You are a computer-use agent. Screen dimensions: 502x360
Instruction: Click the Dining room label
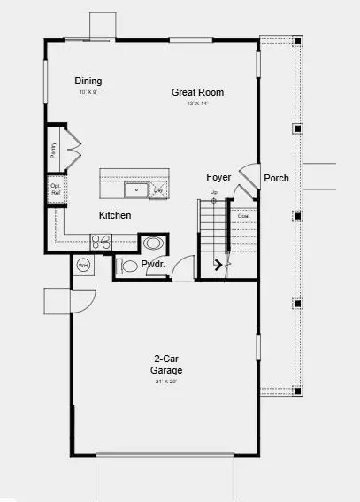coord(88,81)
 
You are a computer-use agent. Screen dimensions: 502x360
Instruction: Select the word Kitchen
coord(115,215)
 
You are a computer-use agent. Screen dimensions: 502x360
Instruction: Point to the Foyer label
coord(218,177)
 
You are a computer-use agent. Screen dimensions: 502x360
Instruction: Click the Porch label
coord(276,178)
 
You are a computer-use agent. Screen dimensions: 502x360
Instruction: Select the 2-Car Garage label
coord(161,366)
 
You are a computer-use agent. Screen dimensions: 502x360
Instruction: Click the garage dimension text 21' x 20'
coord(161,382)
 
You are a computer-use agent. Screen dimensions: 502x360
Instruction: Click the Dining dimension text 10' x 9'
coord(88,92)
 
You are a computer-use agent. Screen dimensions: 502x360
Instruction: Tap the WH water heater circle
coord(84,265)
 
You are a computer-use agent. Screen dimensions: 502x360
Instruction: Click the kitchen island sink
coord(136,189)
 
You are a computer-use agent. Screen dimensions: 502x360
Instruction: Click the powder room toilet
coord(129,266)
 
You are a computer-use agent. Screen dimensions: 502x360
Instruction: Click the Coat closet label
coord(243,215)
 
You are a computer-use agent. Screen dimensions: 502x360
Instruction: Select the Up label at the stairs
coord(213,192)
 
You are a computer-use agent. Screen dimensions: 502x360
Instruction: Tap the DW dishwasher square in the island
coord(159,189)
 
